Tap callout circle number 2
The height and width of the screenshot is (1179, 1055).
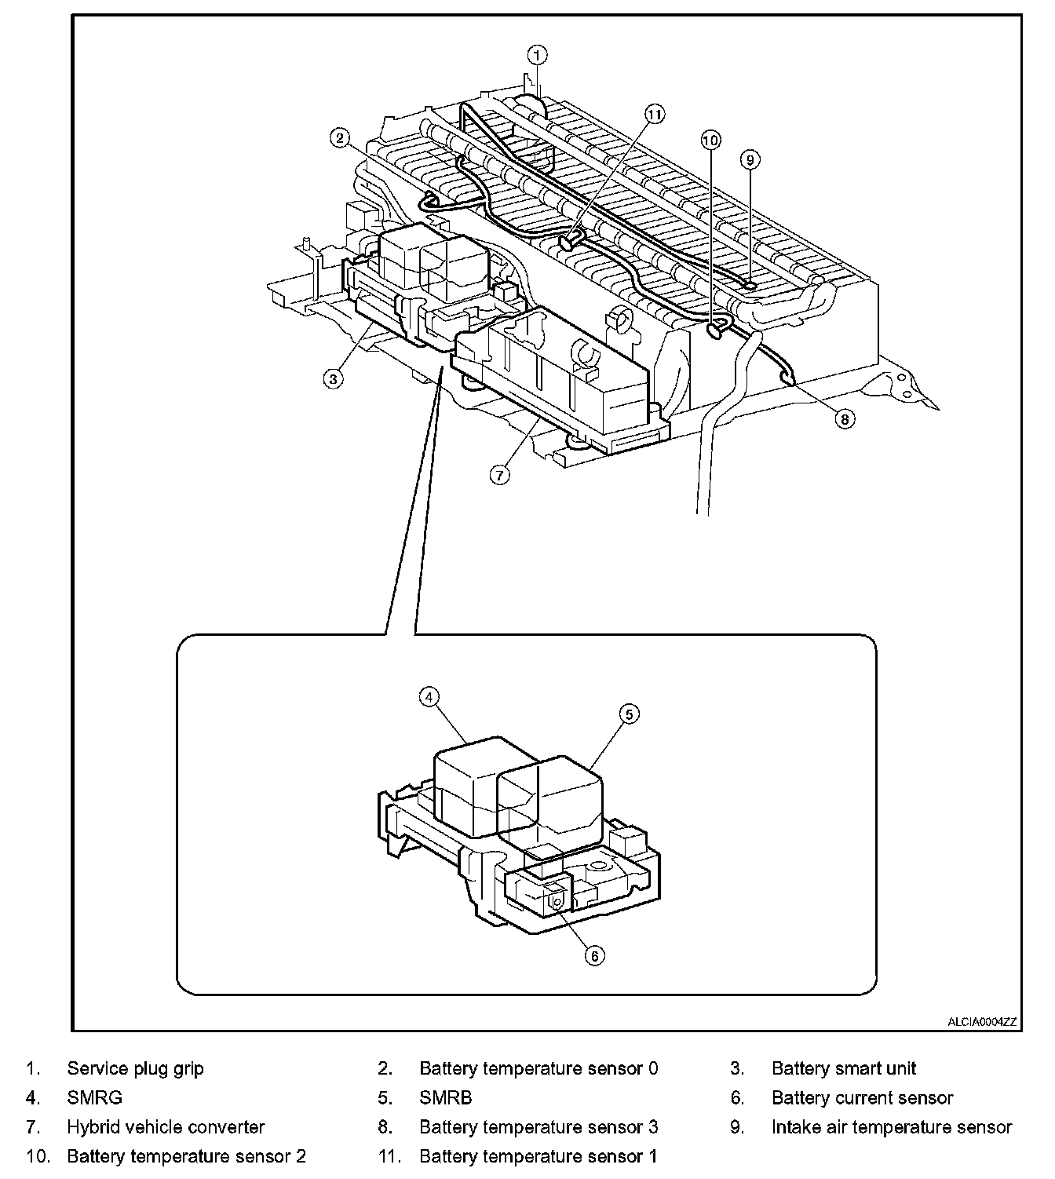pyautogui.click(x=339, y=138)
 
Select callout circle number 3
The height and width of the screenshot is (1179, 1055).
pyautogui.click(x=333, y=378)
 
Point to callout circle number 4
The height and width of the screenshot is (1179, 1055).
pyautogui.click(x=429, y=696)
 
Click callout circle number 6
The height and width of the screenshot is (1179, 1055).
pyautogui.click(x=594, y=955)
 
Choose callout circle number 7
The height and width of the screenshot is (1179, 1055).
pyautogui.click(x=499, y=475)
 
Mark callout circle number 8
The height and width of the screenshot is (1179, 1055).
pyautogui.click(x=845, y=419)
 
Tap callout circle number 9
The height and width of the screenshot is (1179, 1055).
pyautogui.click(x=750, y=160)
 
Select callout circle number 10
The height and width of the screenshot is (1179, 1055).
pyautogui.click(x=710, y=140)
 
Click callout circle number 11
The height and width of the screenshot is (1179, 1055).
pyautogui.click(x=655, y=114)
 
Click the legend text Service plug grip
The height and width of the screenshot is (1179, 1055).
pyautogui.click(x=135, y=1068)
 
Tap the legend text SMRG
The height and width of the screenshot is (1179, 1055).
pyautogui.click(x=94, y=1098)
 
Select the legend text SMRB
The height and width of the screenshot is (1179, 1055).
pyautogui.click(x=445, y=1098)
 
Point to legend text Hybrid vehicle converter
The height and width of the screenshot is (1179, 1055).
pyautogui.click(x=166, y=1127)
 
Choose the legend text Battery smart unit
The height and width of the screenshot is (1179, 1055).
pyautogui.click(x=844, y=1068)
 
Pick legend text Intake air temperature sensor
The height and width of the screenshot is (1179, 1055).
pyautogui.click(x=892, y=1127)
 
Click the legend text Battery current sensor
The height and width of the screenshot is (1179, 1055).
pyautogui.click(x=862, y=1098)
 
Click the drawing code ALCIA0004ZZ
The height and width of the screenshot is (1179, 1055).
pyautogui.click(x=981, y=1022)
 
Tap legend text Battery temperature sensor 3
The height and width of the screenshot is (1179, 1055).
pyautogui.click(x=538, y=1127)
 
